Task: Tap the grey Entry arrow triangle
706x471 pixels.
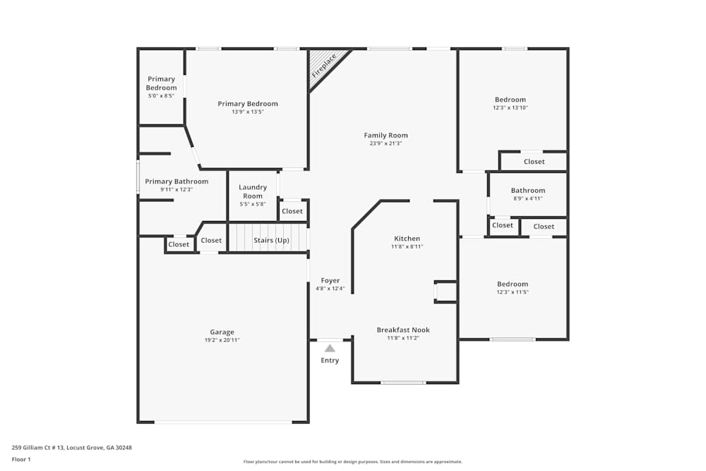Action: pos(330,348)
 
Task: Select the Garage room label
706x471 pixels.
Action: pos(222,332)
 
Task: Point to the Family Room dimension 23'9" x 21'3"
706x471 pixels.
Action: pos(386,143)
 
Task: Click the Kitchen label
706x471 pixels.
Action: pos(407,238)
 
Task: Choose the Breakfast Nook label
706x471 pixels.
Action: pos(403,330)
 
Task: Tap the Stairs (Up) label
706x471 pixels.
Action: pos(271,240)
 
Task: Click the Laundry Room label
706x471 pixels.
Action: pos(253,191)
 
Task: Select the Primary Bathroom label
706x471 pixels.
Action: pos(176,181)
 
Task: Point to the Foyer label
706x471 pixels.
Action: pos(330,280)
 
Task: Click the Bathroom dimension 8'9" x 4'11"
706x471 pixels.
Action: pos(528,198)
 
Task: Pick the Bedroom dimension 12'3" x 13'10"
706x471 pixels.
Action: pos(510,107)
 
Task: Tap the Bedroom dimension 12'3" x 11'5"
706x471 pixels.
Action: pos(513,292)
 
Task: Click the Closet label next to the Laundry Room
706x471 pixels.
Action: pos(292,210)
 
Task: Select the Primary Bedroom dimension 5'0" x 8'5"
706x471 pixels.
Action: pos(161,96)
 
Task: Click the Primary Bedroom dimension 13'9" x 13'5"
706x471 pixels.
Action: pos(248,112)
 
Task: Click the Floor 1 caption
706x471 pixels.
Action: pos(21,459)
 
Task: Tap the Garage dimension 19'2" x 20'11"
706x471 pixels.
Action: pos(222,340)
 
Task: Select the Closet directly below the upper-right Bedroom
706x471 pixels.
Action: pos(534,161)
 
